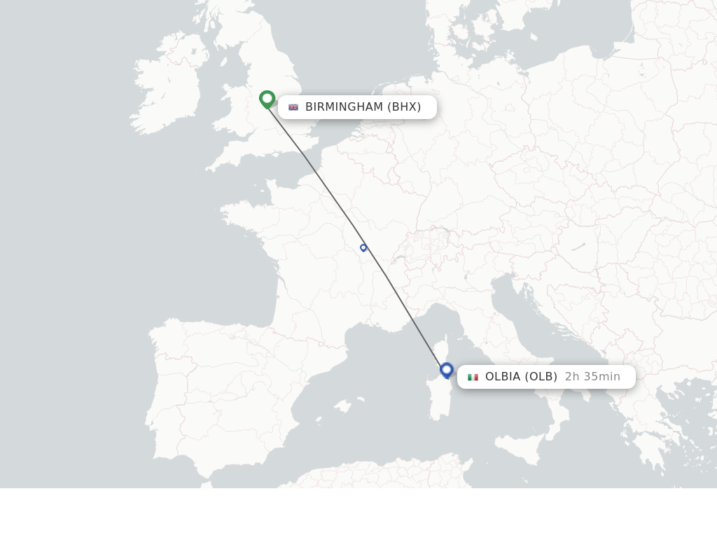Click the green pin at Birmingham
[267, 99]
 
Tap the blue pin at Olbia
[447, 369]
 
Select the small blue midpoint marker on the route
[363, 247]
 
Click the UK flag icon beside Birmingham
[293, 107]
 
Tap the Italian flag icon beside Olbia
[473, 377]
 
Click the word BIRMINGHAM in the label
[344, 107]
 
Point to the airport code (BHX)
[404, 107]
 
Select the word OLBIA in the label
[503, 377]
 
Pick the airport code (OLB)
[541, 377]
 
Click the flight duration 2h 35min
[592, 377]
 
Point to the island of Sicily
[522, 448]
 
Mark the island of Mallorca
[342, 406]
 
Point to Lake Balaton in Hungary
[578, 247]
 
